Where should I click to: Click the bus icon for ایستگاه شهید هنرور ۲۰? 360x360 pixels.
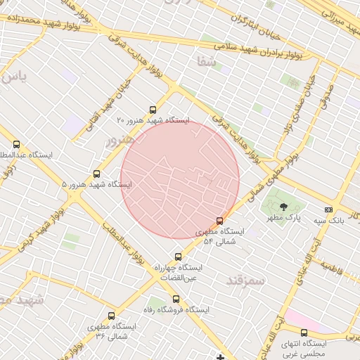tap(153, 109)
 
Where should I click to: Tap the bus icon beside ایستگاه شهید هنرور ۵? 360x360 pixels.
tap(96, 174)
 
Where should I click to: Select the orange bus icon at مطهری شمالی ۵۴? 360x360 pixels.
tap(220, 220)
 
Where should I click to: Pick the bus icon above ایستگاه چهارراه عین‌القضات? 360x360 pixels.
tap(177, 257)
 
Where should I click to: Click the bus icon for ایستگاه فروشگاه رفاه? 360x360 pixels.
tap(177, 299)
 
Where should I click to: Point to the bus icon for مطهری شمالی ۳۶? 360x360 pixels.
tap(111, 316)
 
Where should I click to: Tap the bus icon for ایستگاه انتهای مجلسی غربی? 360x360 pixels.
tap(304, 333)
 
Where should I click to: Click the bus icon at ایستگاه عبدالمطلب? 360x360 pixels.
tap(16, 144)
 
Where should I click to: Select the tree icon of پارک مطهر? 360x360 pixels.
tap(283, 207)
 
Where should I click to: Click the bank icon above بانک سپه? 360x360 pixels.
tap(328, 210)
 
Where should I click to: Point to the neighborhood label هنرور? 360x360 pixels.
tap(119, 141)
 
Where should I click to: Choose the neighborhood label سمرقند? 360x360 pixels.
tap(245, 280)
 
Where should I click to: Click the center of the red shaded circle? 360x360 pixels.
tap(180, 180)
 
